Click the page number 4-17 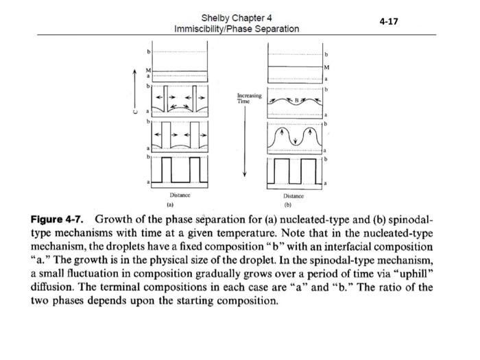[x=388, y=21]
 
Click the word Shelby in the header [x=217, y=18]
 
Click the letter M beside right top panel [x=326, y=67]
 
